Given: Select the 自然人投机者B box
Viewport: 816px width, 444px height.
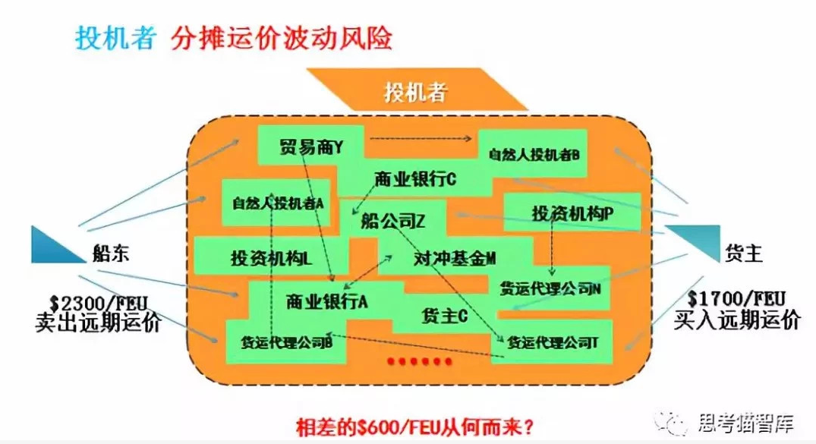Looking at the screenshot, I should (534, 154).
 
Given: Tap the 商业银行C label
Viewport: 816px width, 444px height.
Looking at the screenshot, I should (415, 181).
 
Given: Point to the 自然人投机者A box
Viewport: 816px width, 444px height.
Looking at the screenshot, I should (278, 203).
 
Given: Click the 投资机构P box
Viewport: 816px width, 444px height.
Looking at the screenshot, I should (572, 214).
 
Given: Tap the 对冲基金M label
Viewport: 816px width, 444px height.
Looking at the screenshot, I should (454, 258).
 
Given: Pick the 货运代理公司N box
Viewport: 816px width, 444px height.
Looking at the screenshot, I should (550, 288).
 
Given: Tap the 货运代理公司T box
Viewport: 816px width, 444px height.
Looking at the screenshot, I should (553, 343).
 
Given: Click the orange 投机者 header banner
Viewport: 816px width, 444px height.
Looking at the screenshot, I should (415, 93).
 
